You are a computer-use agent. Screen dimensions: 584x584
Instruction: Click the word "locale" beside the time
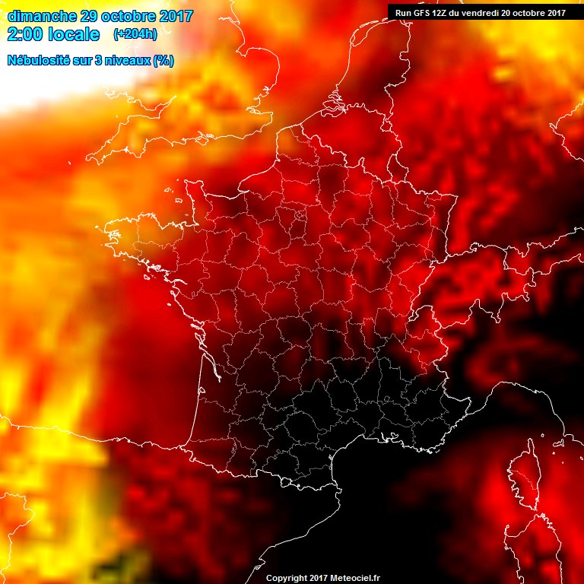point(75,34)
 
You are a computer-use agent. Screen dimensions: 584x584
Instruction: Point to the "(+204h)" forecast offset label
point(135,34)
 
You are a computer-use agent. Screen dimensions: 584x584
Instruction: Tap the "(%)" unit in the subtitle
point(163,60)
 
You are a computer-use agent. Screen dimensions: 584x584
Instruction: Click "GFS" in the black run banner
point(421,11)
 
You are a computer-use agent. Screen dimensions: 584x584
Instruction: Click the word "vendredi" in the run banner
point(484,11)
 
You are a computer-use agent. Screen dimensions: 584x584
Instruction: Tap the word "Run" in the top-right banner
point(402,11)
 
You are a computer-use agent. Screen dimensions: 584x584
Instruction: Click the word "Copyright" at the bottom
point(286,578)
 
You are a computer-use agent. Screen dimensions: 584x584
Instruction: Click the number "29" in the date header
point(90,16)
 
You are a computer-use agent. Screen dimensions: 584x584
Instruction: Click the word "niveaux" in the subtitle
point(132,60)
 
